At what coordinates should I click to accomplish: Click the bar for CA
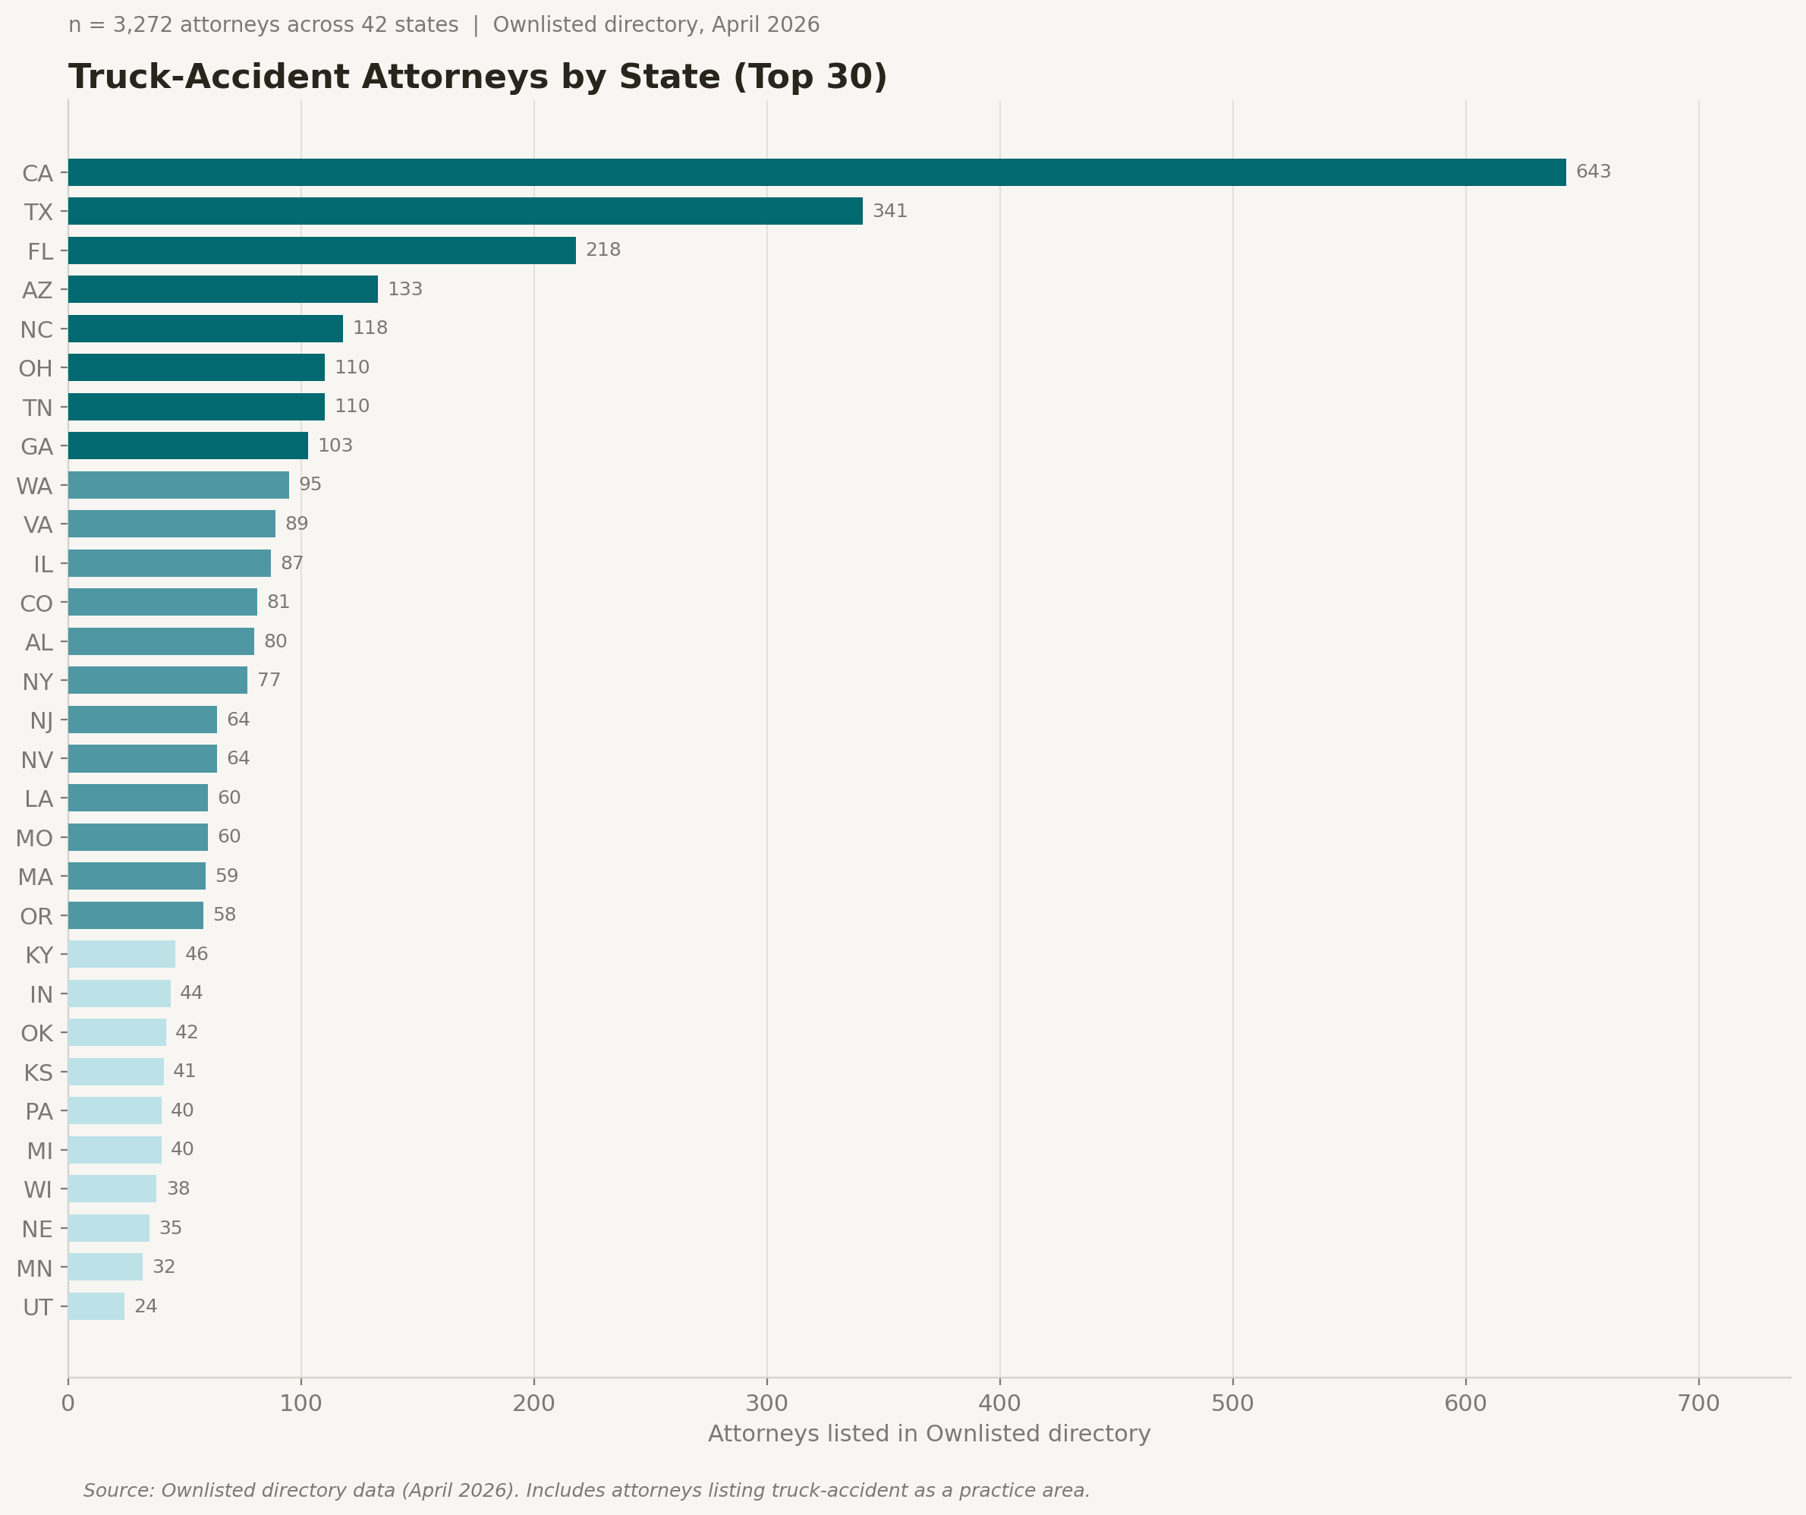coord(817,172)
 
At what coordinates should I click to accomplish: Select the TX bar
coord(464,211)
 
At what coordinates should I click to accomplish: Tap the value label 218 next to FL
coord(603,250)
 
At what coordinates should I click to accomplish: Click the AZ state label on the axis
coord(38,290)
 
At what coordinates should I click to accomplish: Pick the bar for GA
coord(187,446)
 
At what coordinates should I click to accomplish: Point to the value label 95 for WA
coord(310,484)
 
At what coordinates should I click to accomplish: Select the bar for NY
coord(157,681)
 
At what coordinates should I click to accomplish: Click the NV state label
coord(37,760)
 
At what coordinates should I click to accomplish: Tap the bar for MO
coord(137,837)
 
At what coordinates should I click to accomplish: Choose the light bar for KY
coord(121,954)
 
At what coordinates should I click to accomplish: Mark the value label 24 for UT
coord(146,1306)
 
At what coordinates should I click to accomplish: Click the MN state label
coord(35,1268)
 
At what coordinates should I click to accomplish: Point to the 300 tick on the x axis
coord(766,1404)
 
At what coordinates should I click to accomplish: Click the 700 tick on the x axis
coord(1698,1404)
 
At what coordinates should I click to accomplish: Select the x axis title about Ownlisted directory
coord(929,1434)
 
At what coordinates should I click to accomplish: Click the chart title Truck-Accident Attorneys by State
coord(477,77)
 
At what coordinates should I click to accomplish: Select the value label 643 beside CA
coord(1593,172)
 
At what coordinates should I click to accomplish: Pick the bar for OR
coord(136,915)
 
